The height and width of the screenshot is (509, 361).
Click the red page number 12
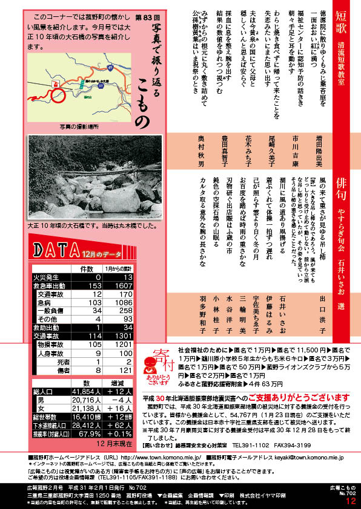pyautogui.click(x=351, y=500)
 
